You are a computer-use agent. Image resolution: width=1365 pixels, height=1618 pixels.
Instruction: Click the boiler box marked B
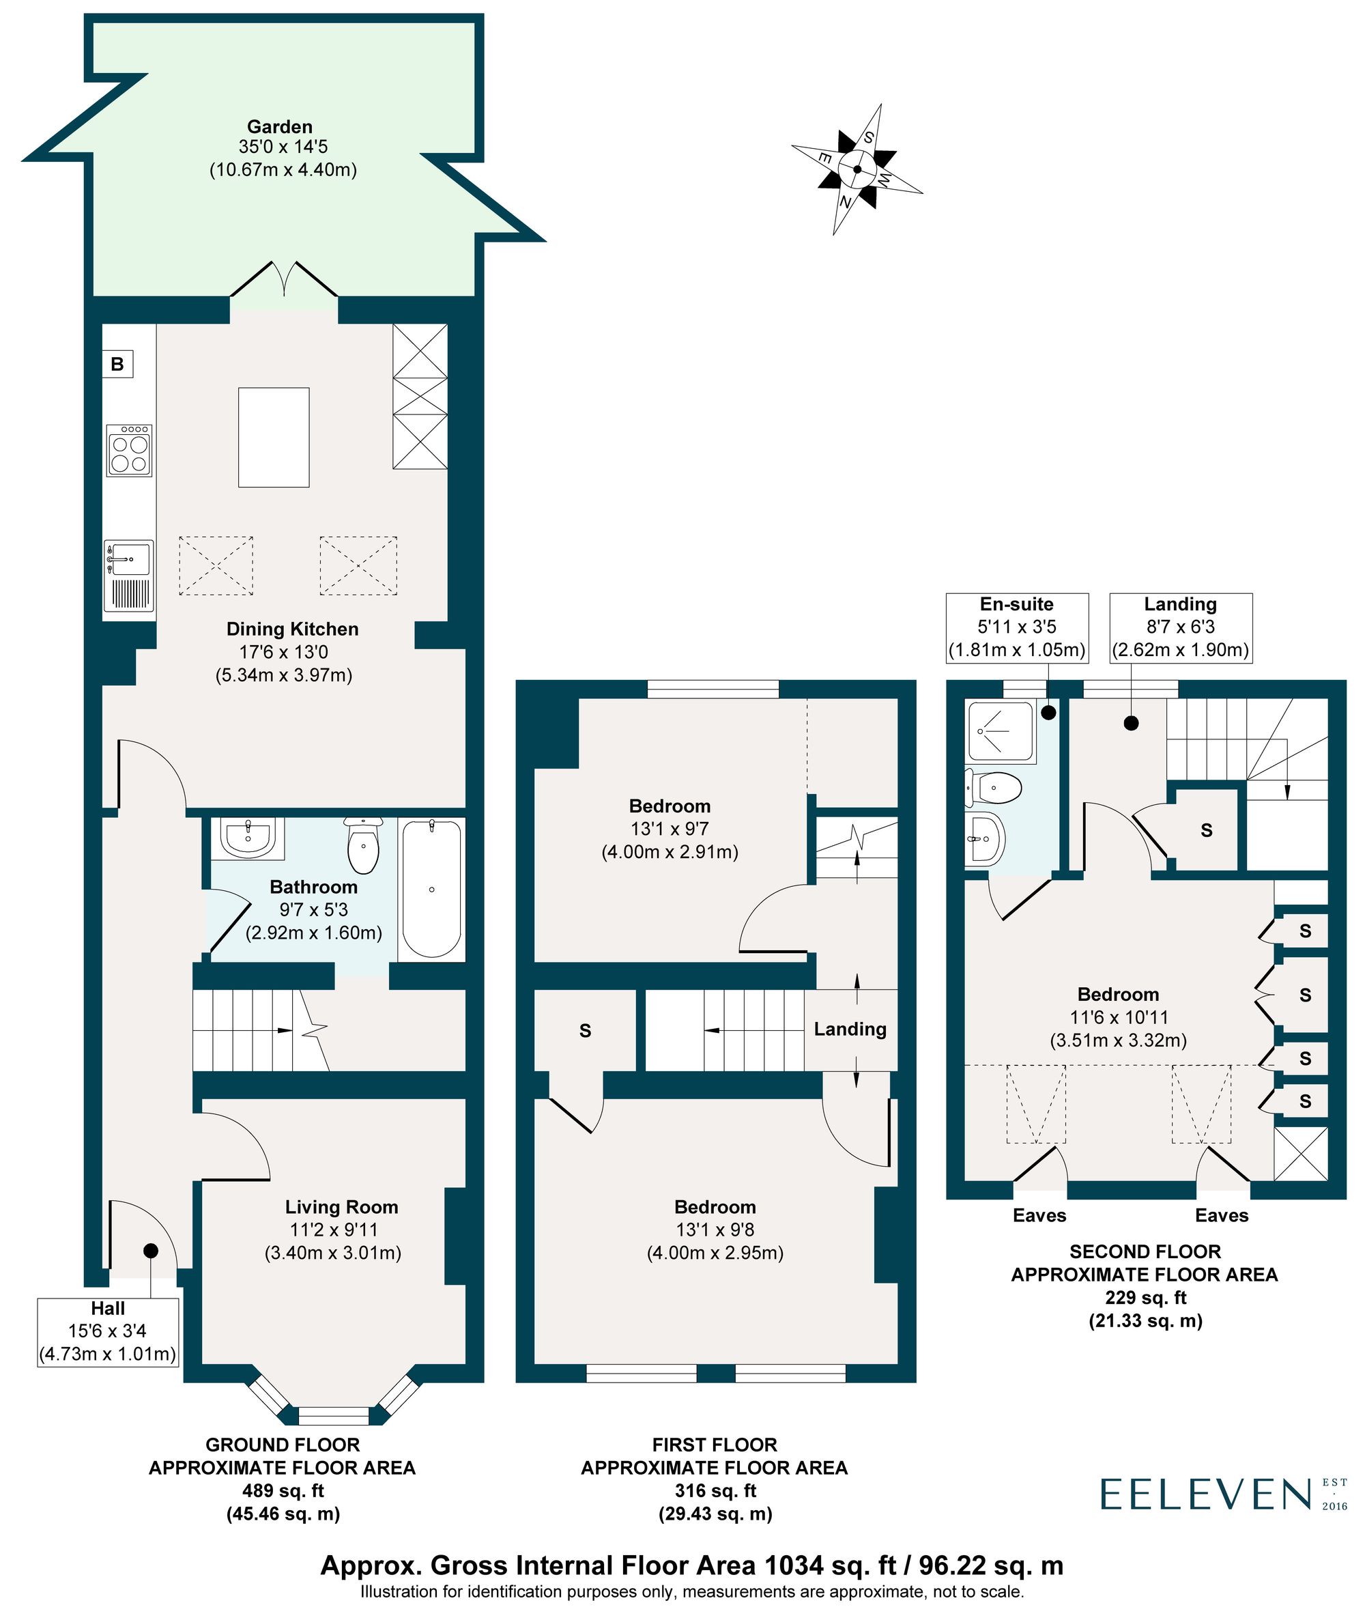pyautogui.click(x=117, y=364)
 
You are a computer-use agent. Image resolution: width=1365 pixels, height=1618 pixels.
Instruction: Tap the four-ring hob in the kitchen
pyautogui.click(x=129, y=450)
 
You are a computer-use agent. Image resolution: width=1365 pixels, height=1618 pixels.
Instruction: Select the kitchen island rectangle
pyautogui.click(x=273, y=438)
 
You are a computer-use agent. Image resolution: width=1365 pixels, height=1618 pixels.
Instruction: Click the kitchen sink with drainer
pyautogui.click(x=128, y=574)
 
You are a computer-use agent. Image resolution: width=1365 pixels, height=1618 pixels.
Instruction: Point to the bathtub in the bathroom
pyautogui.click(x=431, y=890)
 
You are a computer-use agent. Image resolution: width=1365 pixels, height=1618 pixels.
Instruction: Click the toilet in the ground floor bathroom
pyautogui.click(x=363, y=845)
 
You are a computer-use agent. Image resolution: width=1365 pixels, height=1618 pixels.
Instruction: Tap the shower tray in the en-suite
pyautogui.click(x=1000, y=730)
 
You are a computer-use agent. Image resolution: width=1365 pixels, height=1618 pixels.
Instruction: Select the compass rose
pyautogui.click(x=857, y=169)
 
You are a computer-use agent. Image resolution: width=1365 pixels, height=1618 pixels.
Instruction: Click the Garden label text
pyautogui.click(x=279, y=127)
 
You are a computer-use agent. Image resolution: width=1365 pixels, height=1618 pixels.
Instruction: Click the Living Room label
pyautogui.click(x=341, y=1207)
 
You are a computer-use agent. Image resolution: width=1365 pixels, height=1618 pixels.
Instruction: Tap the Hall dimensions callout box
pyautogui.click(x=109, y=1331)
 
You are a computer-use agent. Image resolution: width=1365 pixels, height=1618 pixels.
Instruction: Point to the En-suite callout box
pyautogui.click(x=1017, y=627)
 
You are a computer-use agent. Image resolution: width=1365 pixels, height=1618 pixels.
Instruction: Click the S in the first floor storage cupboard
pyautogui.click(x=585, y=1031)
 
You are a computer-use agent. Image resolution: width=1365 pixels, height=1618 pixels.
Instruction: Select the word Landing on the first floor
pyautogui.click(x=850, y=1029)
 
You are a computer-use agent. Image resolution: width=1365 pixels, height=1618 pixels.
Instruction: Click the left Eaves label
pyautogui.click(x=1039, y=1215)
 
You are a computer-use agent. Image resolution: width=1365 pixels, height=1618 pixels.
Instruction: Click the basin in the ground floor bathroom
pyautogui.click(x=247, y=837)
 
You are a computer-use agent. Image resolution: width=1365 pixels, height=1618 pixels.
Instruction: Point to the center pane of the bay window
pyautogui.click(x=334, y=1416)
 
